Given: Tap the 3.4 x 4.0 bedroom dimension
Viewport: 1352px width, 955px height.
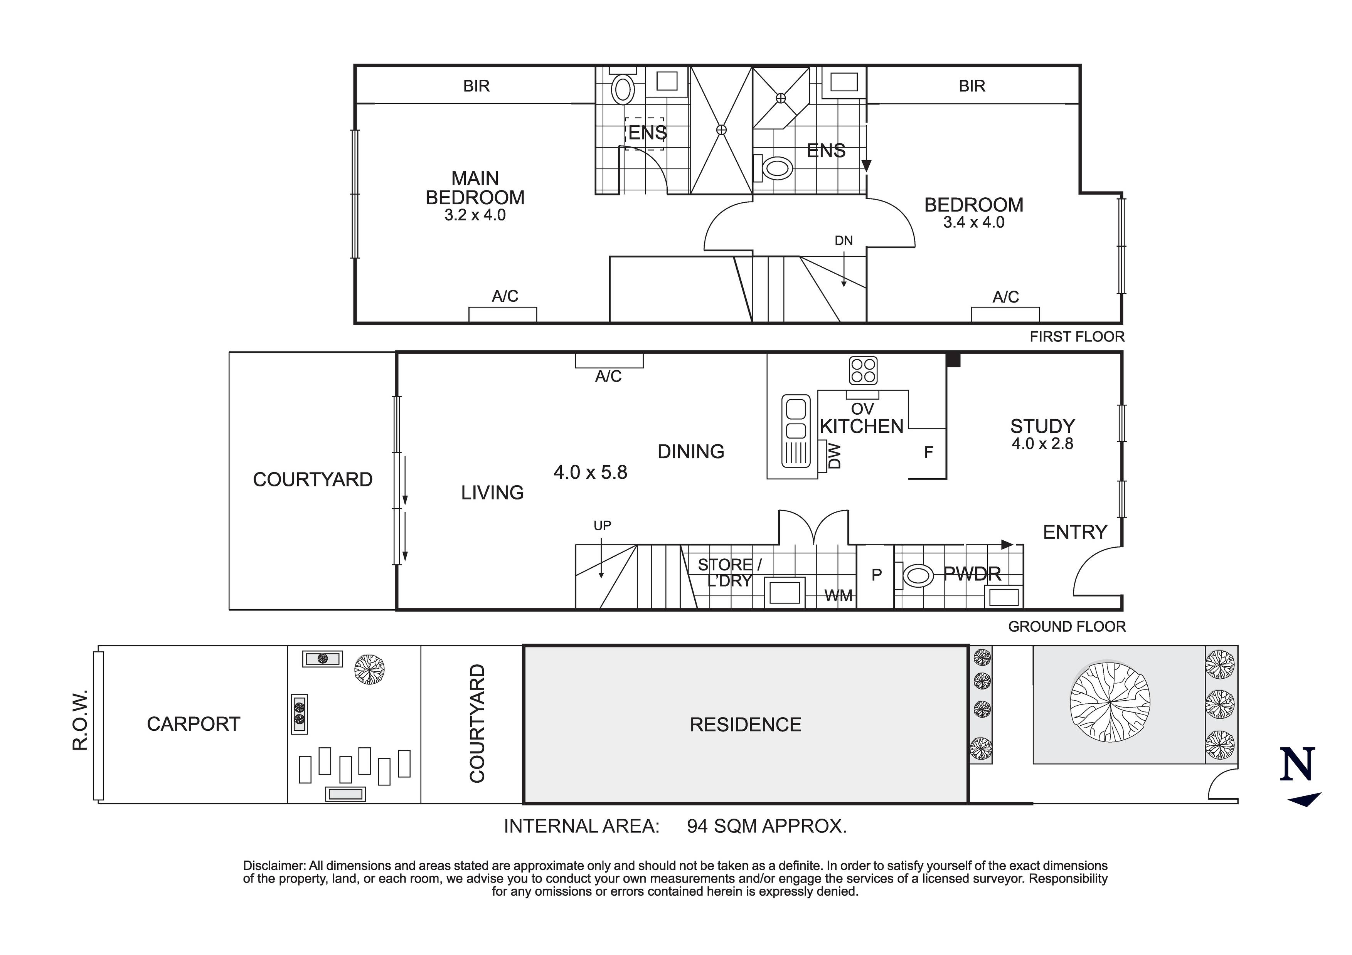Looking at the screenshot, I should point(973,222).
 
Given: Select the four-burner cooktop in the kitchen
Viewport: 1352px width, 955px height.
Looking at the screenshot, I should point(863,370).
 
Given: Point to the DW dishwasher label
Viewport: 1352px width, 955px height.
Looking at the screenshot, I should point(834,456).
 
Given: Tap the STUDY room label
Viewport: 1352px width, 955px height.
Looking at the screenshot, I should point(1042,426).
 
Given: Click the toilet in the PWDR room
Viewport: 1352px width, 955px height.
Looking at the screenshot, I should point(918,575).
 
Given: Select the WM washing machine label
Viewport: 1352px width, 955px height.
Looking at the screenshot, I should point(838,596).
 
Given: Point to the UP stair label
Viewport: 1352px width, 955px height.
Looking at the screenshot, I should point(602,525).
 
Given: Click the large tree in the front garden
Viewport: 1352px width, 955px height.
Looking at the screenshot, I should point(1110,702).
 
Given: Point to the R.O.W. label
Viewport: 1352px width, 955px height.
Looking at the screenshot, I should point(80,720).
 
